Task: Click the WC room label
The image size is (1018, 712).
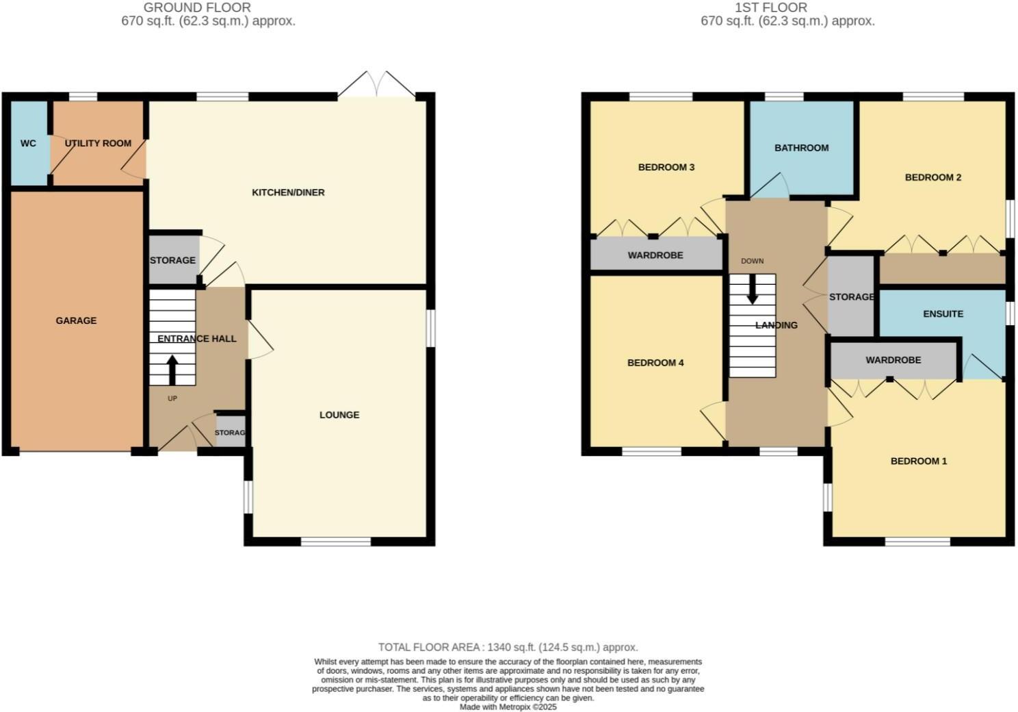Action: point(28,144)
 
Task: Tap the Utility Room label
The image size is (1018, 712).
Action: point(98,144)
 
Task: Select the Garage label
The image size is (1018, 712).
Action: point(76,320)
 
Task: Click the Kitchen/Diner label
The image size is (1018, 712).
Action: point(288,192)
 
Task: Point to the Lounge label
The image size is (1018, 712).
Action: point(339,415)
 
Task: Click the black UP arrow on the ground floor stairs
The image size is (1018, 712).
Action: point(172,370)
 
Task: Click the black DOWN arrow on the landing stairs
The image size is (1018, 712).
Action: point(752,290)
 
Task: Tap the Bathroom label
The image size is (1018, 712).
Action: point(801,148)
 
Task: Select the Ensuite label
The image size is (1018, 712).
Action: point(943,314)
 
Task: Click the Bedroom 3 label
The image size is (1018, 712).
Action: point(666,167)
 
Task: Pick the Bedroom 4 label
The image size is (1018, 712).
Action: point(655,363)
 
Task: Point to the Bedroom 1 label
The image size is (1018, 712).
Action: point(918,461)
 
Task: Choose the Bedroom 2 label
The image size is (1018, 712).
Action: point(932,177)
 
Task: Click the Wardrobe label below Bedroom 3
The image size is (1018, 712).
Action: point(655,255)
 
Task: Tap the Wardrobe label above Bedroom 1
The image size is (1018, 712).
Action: point(893,360)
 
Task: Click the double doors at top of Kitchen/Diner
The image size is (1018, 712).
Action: point(376,85)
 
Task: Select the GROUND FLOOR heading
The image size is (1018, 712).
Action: point(197,8)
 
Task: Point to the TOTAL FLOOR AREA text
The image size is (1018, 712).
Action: point(508,647)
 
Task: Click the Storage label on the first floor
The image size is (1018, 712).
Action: point(851,297)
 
